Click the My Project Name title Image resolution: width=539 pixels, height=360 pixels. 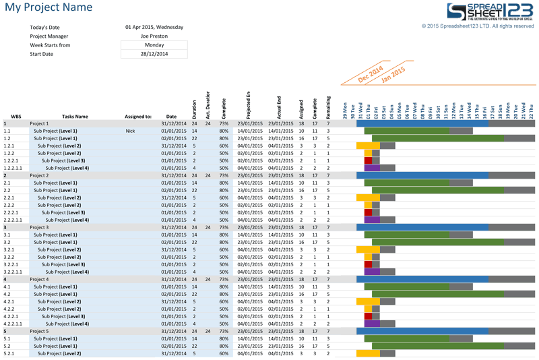[x=48, y=8]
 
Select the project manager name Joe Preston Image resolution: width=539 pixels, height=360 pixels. [x=154, y=36]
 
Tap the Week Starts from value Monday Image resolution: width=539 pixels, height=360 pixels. [x=154, y=45]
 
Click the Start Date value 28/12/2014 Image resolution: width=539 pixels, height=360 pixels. [x=154, y=54]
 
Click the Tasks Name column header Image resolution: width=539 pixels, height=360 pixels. [x=74, y=117]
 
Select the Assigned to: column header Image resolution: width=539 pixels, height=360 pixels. [x=138, y=117]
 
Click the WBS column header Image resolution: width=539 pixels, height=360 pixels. [x=16, y=117]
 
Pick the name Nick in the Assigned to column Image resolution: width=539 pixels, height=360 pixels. [x=131, y=131]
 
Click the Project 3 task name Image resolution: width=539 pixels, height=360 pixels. [x=39, y=227]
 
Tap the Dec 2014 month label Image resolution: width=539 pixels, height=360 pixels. [x=370, y=73]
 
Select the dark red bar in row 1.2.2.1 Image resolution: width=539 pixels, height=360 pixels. [x=368, y=160]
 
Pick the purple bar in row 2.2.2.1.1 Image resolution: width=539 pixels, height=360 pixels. [x=372, y=220]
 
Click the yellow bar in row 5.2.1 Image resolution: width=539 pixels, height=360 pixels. [x=368, y=353]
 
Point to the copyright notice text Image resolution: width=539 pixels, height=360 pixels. [x=477, y=26]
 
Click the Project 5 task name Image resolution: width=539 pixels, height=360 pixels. [x=39, y=331]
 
